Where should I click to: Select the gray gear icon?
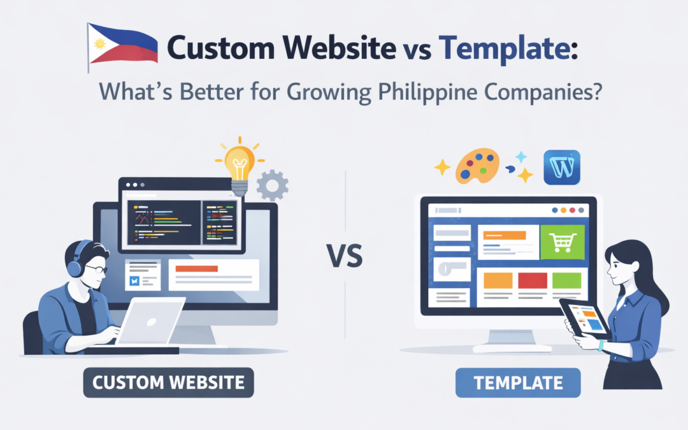point(272,186)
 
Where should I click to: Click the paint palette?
point(477,166)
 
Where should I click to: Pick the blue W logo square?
point(562,168)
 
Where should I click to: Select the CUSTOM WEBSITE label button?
point(168,383)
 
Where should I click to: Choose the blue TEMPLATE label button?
point(518,383)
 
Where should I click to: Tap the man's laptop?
point(150,322)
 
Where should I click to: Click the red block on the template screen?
point(533,280)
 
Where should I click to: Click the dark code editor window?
point(163,222)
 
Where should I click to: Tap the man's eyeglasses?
point(96,268)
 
